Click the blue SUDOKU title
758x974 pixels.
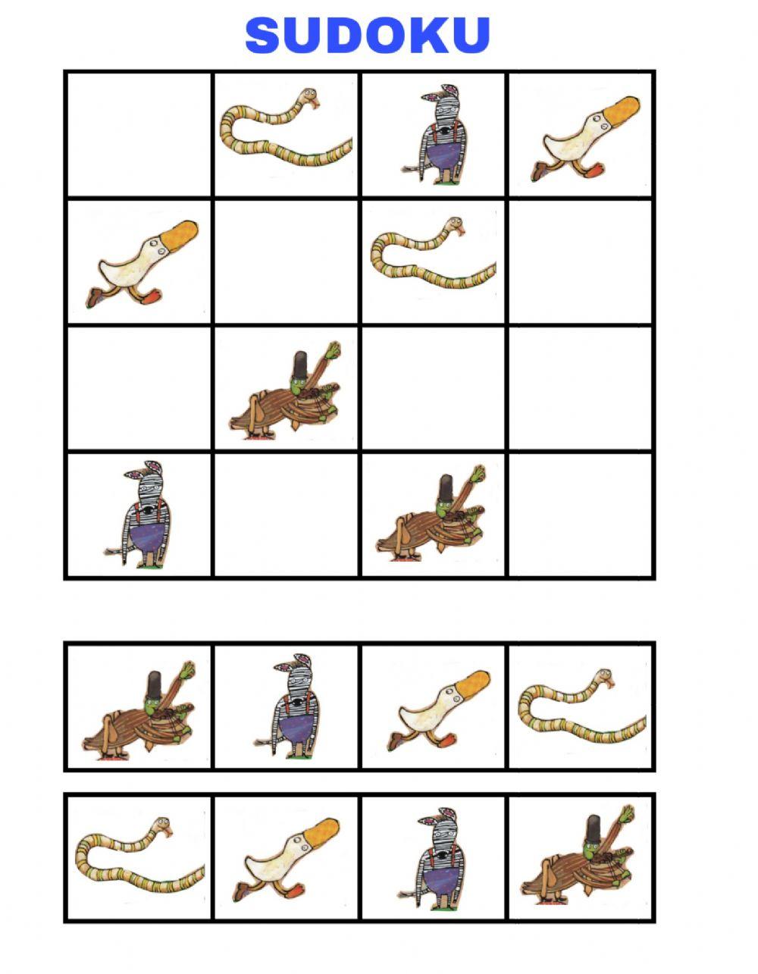(368, 35)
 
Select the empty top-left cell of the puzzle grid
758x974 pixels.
(138, 134)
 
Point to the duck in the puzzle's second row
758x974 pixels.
(144, 262)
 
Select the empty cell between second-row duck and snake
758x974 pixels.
(287, 262)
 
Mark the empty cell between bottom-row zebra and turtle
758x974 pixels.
(287, 515)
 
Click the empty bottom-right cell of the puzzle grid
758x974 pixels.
(581, 515)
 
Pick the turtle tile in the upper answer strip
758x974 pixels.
(140, 716)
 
